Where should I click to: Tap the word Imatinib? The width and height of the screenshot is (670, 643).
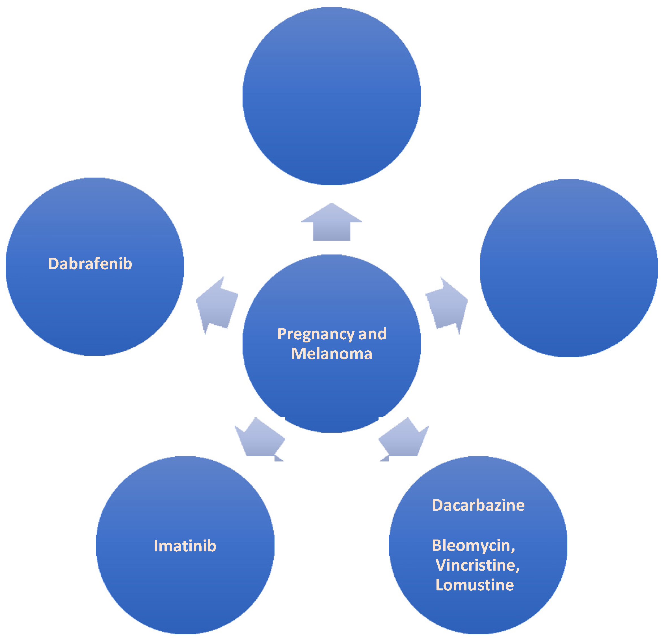click(x=185, y=546)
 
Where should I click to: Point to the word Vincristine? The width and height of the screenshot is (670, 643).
click(x=475, y=565)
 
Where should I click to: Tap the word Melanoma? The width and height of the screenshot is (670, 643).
click(x=331, y=354)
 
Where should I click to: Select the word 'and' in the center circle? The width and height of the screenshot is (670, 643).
click(x=372, y=334)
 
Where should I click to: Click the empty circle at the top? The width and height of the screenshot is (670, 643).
click(x=331, y=96)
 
